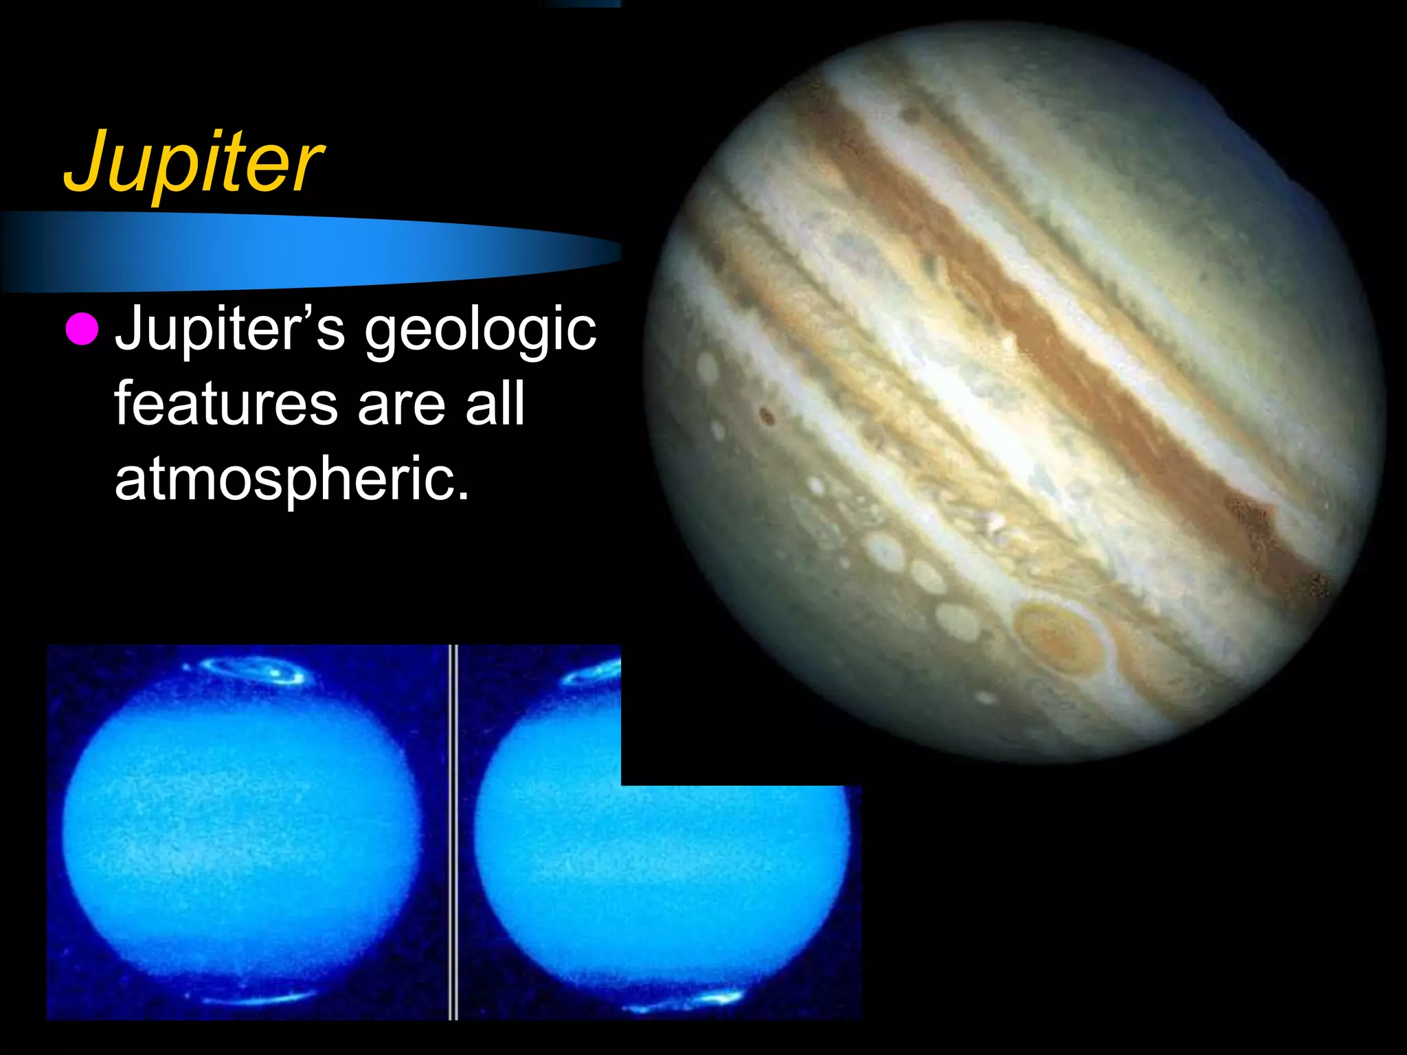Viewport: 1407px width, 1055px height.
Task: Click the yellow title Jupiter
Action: coord(194,162)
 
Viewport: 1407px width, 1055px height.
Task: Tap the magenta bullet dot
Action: coord(82,328)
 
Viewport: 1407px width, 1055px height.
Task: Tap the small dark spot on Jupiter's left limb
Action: coord(767,415)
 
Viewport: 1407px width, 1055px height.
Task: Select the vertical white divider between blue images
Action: coord(453,831)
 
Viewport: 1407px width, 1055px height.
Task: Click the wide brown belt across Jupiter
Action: coord(1031,330)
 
